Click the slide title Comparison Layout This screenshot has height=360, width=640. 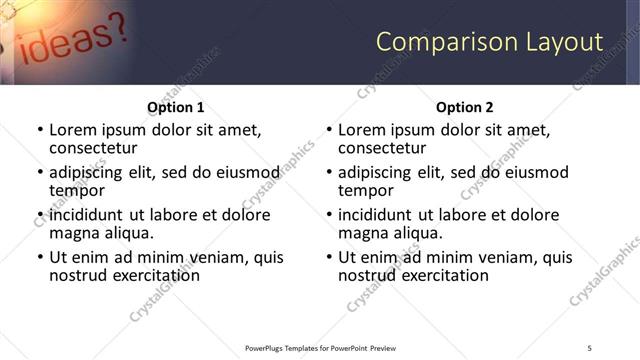pos(489,42)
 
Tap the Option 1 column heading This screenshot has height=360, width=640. pos(176,107)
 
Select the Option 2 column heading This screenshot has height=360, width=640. pos(465,107)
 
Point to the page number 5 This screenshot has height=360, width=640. pos(589,347)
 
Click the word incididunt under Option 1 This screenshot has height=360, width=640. pos(88,215)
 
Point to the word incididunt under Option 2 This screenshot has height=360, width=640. pos(377,215)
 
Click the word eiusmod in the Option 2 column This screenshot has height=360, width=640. pos(536,172)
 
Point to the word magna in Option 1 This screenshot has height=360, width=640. pos(74,233)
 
